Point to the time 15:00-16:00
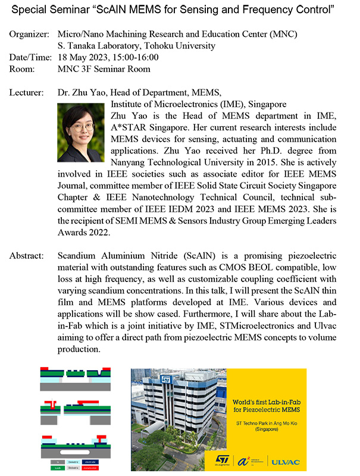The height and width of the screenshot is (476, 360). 136,58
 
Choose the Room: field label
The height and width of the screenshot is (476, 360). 23,69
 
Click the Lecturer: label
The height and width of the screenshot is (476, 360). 27,93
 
